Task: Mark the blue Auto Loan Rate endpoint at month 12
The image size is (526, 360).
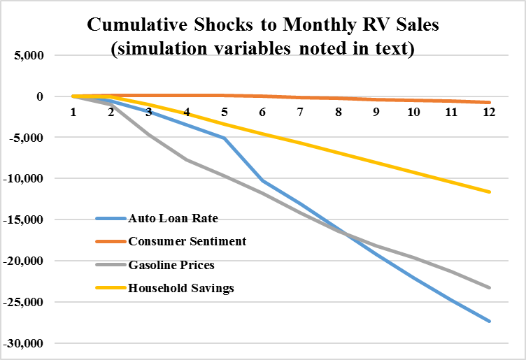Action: point(489,321)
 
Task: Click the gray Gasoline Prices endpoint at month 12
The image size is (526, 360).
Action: point(489,287)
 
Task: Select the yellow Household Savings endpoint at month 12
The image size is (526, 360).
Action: point(489,192)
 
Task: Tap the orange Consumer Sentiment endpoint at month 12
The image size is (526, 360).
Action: point(489,102)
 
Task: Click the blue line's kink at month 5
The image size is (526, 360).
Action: point(225,138)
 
